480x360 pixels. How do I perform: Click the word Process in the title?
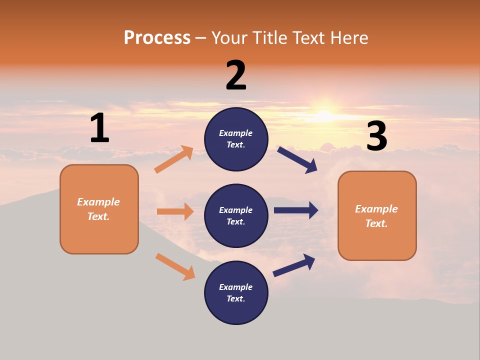157,38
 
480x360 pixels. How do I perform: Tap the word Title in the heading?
269,38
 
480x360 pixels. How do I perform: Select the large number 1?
99,128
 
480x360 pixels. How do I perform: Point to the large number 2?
236,75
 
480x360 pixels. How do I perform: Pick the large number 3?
377,136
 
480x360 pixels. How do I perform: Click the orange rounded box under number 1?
99,209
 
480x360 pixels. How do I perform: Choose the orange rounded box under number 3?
377,215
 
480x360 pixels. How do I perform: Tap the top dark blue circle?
236,139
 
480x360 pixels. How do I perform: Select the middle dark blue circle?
236,215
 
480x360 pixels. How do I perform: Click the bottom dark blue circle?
236,292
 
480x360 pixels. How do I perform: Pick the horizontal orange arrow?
175,211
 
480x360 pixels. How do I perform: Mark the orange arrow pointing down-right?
175,266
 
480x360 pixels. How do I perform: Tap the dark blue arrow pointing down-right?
297,159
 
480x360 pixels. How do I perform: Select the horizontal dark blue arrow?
296,210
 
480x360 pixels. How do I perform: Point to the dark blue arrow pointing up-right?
294,265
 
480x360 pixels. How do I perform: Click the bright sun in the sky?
325,115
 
